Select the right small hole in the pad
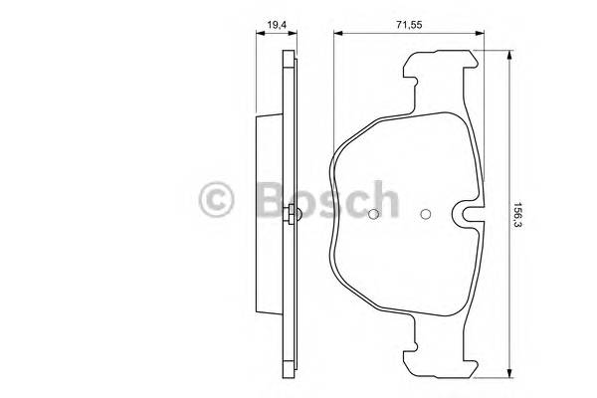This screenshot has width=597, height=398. (x=426, y=214)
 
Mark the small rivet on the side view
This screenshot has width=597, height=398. (x=290, y=214)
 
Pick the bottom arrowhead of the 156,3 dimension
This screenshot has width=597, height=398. (x=509, y=375)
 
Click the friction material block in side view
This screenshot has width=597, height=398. (x=270, y=214)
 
